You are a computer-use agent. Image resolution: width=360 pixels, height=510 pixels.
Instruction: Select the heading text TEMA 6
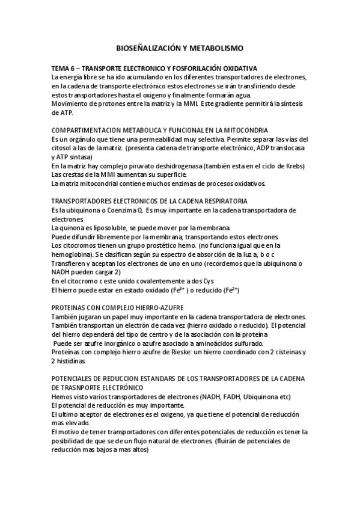(x=65, y=69)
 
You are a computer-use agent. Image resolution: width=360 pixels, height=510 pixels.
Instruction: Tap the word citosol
(x=61, y=148)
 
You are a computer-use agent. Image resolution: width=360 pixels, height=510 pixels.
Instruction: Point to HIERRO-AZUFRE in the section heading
(x=144, y=307)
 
